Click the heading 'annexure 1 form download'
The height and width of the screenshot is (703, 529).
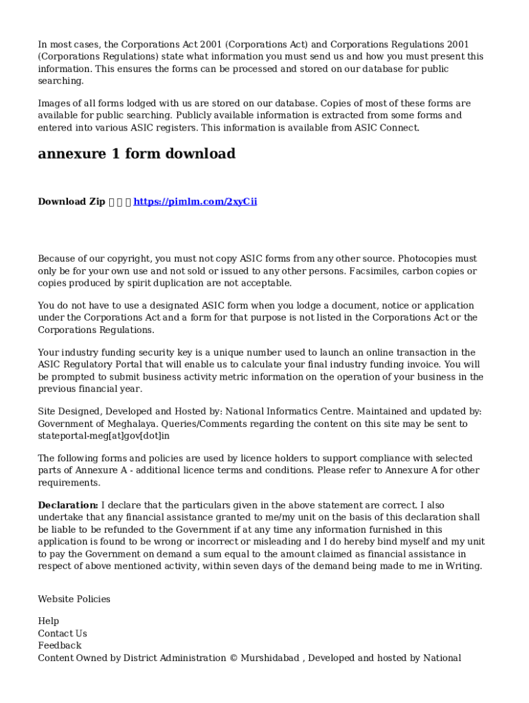[136, 154]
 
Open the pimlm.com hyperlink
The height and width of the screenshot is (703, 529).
[195, 202]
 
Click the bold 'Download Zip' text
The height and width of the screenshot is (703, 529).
[71, 202]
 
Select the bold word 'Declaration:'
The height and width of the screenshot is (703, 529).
[68, 505]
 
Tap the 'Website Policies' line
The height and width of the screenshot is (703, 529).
[74, 599]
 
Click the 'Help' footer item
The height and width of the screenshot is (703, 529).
[48, 621]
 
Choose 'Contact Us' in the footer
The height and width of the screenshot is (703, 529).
[63, 634]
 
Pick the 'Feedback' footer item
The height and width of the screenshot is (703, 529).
[60, 646]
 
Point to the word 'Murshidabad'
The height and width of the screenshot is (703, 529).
[269, 658]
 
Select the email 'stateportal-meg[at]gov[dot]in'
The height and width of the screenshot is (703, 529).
[104, 436]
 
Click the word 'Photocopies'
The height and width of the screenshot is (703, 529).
[427, 259]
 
